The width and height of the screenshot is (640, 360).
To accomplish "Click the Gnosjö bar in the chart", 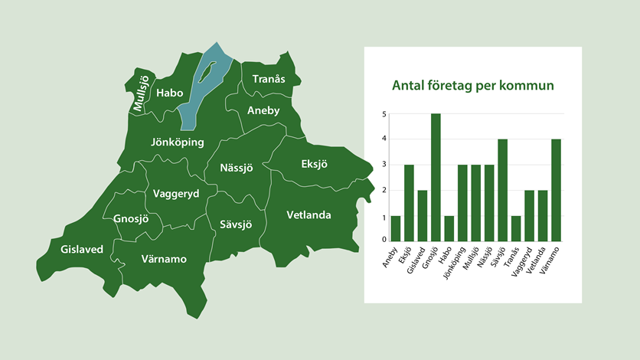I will (436, 177).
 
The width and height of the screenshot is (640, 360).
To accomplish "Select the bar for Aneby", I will (396, 228).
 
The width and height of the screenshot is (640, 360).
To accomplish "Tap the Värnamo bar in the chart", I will (555, 190).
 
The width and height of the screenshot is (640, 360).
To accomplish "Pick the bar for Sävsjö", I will (502, 190).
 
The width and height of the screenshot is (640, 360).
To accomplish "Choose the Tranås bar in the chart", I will (515, 228).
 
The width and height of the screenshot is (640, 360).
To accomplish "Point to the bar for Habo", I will (449, 228).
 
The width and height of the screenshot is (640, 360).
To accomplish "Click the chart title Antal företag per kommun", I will (472, 86).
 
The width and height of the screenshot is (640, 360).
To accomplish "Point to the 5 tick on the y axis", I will (384, 115).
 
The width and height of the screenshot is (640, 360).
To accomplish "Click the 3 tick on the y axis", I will (384, 165).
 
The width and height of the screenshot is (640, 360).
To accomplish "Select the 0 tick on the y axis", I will (384, 240).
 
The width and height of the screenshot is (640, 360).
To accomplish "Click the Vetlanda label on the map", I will (309, 215).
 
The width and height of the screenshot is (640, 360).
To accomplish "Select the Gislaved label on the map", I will (82, 248).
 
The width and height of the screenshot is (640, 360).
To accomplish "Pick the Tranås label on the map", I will (268, 79).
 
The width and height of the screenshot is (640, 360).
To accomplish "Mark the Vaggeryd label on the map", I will (176, 194).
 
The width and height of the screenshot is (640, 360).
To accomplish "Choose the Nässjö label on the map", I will (237, 167).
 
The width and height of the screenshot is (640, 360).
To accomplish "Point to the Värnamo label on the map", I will (164, 259).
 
